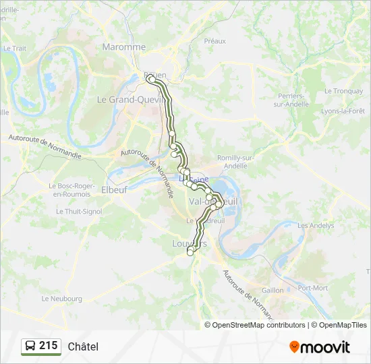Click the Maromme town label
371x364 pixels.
point(123,47)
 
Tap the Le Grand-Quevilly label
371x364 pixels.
point(129,99)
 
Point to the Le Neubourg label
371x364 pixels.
point(61,299)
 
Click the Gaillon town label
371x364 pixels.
point(273,289)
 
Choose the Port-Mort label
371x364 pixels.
point(312,288)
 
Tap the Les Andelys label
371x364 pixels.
point(315,226)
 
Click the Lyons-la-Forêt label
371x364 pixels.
point(343,111)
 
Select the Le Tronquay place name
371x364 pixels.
point(343,91)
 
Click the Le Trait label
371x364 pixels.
point(14,49)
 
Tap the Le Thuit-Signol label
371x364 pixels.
point(79,211)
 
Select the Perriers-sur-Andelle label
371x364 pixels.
point(291,100)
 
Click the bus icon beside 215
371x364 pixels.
point(30,346)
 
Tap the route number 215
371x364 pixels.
point(49,346)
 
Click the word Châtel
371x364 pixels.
point(83,346)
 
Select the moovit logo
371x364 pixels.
point(320,347)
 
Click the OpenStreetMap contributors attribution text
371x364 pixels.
point(258,325)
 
